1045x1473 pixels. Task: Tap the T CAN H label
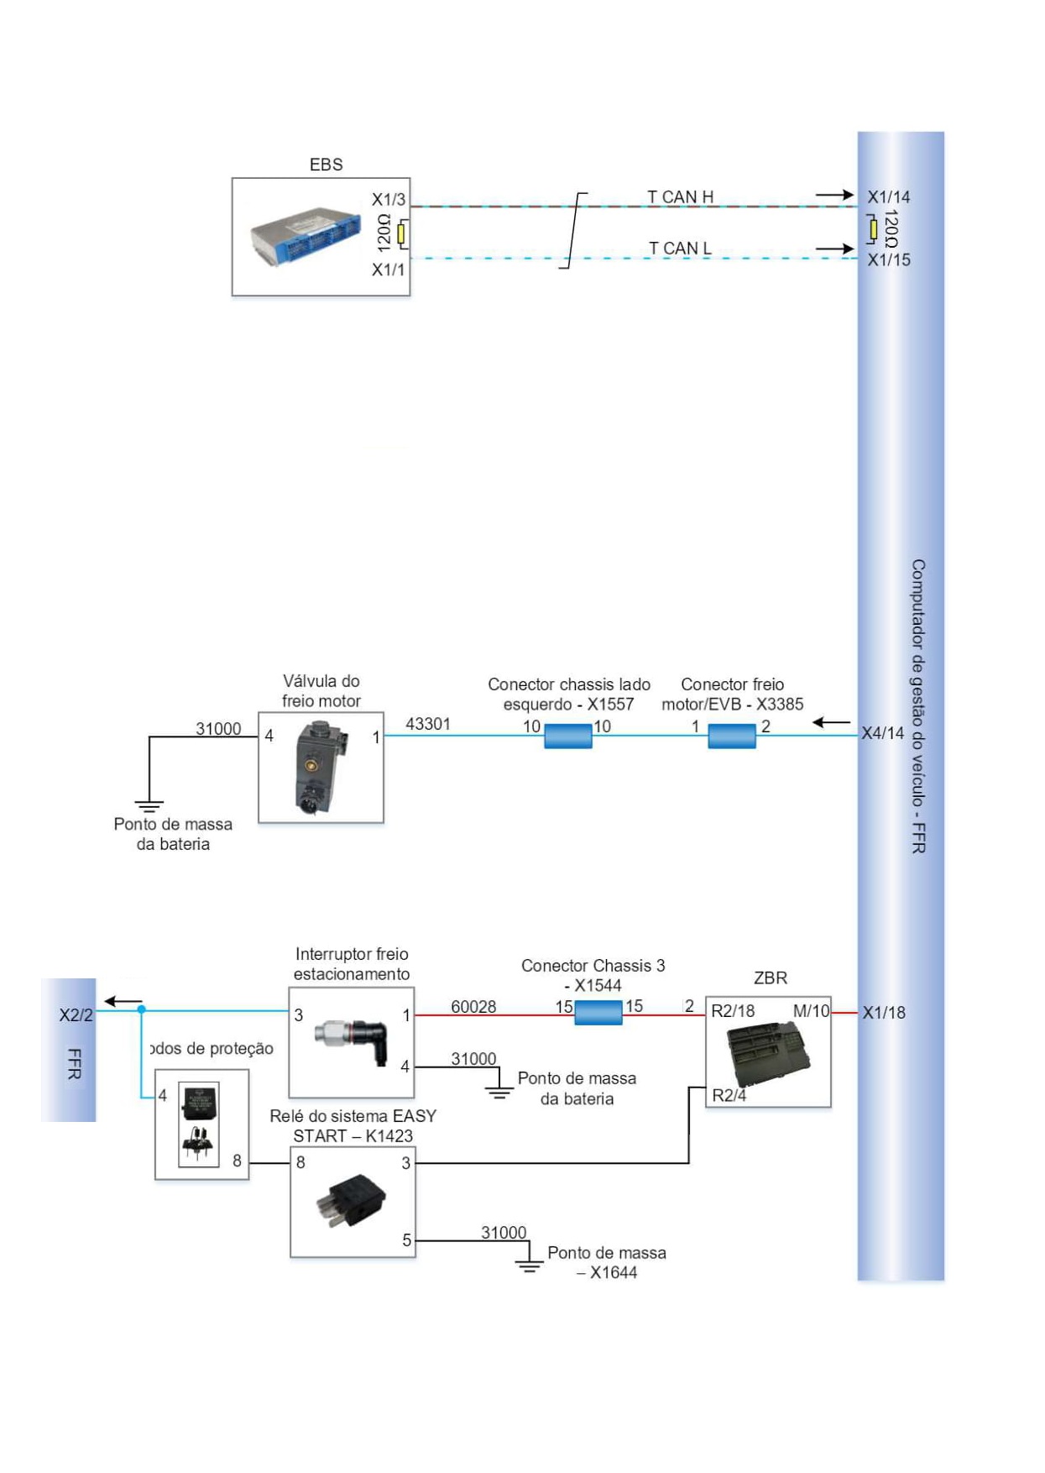click(x=680, y=197)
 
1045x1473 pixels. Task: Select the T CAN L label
click(x=680, y=248)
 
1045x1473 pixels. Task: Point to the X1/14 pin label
click(x=888, y=197)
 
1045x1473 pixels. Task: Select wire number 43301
click(x=428, y=724)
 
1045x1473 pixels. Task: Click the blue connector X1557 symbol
click(x=568, y=736)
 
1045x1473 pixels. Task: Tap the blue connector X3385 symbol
click(x=732, y=736)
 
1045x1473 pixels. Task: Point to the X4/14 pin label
click(x=883, y=733)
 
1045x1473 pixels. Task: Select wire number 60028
click(x=473, y=1006)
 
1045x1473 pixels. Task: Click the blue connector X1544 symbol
click(x=598, y=1013)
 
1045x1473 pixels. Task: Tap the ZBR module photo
click(x=767, y=1053)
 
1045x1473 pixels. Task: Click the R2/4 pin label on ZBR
click(x=729, y=1095)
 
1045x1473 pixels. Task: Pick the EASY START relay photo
click(x=352, y=1202)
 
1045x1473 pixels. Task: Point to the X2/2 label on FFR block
click(x=76, y=1014)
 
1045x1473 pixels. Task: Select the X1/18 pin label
click(x=884, y=1013)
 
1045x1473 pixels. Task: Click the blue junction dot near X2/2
click(x=142, y=1009)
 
